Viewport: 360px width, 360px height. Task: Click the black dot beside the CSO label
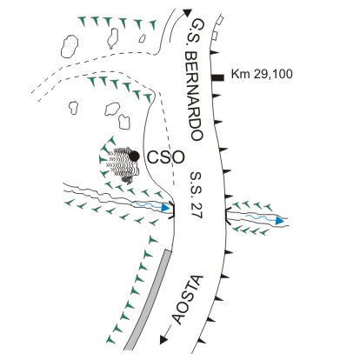[x=134, y=157]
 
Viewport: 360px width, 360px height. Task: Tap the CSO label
[x=166, y=157]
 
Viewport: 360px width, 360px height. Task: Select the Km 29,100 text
[x=262, y=74]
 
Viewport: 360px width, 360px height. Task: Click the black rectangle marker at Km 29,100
[x=217, y=77]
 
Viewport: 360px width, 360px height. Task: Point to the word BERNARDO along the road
[x=193, y=97]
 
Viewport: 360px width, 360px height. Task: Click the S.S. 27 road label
[x=197, y=195]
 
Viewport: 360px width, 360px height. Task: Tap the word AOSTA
[x=188, y=300]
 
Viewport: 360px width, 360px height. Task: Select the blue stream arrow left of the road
[x=151, y=206]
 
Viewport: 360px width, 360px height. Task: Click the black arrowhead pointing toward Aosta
[x=164, y=339]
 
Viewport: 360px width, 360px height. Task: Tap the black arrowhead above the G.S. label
[x=188, y=13]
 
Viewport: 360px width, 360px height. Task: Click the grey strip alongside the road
[x=147, y=300]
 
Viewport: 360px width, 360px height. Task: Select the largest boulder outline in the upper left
[x=70, y=46]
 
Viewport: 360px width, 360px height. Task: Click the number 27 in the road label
[x=197, y=211]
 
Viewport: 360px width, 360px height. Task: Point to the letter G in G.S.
[x=197, y=23]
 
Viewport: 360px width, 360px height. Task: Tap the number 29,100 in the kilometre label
[x=273, y=75]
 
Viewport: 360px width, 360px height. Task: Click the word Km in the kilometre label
[x=241, y=74]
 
